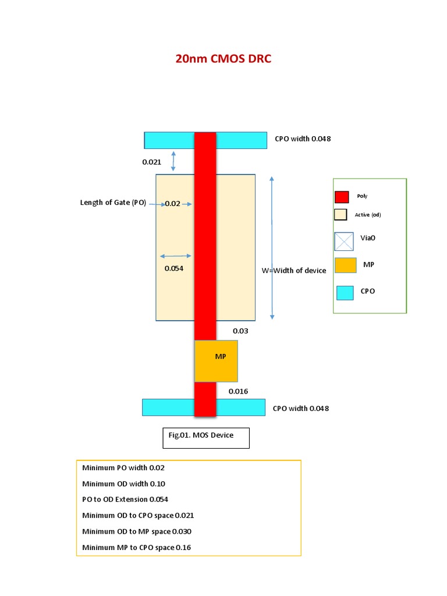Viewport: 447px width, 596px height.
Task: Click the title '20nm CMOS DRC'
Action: [x=223, y=59]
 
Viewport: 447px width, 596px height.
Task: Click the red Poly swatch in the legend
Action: [x=342, y=197]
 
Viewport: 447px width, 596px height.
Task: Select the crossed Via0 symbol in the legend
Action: [x=344, y=240]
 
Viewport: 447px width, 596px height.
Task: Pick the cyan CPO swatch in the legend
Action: [x=345, y=292]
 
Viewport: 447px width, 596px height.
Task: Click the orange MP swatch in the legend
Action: [x=345, y=265]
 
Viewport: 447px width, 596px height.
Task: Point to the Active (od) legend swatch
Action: [x=341, y=215]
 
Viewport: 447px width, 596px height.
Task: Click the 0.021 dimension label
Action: [x=151, y=162]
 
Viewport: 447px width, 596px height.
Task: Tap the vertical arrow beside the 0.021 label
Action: [x=173, y=161]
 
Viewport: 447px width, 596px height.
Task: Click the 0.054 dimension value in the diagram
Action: [x=174, y=268]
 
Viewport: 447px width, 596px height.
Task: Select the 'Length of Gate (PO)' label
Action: [x=113, y=203]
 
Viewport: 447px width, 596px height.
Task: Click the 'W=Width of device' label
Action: [x=294, y=270]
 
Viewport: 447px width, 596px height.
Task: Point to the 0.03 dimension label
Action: [x=240, y=331]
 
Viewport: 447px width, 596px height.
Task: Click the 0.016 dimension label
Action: [x=238, y=391]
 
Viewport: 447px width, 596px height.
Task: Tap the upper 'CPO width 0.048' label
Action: [x=303, y=139]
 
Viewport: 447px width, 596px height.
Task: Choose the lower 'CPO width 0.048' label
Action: [x=300, y=408]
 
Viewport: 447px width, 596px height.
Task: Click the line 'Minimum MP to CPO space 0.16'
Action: [x=136, y=547]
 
